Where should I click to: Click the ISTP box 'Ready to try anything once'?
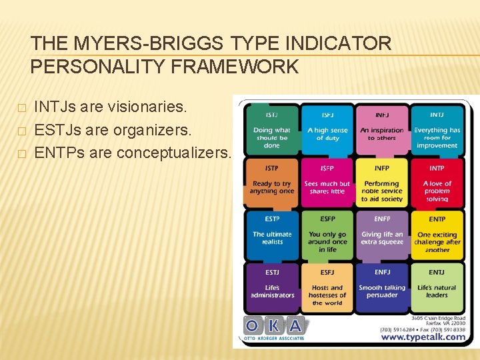tap(271, 182)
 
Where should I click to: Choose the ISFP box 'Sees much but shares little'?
tap(327, 182)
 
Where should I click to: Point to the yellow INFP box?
tap(382, 182)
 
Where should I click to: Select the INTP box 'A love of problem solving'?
tap(437, 182)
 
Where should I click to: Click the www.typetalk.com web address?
tap(423, 337)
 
